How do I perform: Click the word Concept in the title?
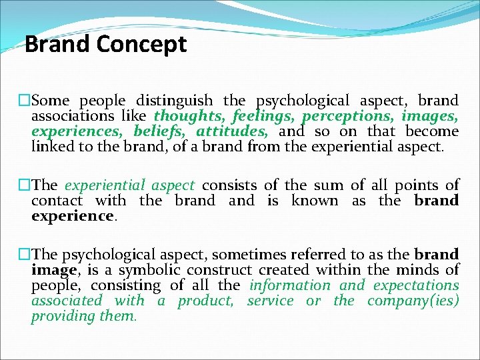[141, 45]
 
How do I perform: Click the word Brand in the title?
[57, 45]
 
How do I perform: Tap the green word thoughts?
[189, 116]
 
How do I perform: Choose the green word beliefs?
[161, 131]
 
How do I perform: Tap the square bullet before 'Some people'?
[25, 101]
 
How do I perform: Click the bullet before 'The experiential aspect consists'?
[25, 185]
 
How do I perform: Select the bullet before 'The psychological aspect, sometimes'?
[25, 255]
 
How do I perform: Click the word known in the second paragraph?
[315, 201]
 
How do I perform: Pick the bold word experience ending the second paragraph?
[72, 216]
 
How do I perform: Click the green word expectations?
[416, 285]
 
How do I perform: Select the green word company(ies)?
[413, 301]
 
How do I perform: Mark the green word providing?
[61, 316]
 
